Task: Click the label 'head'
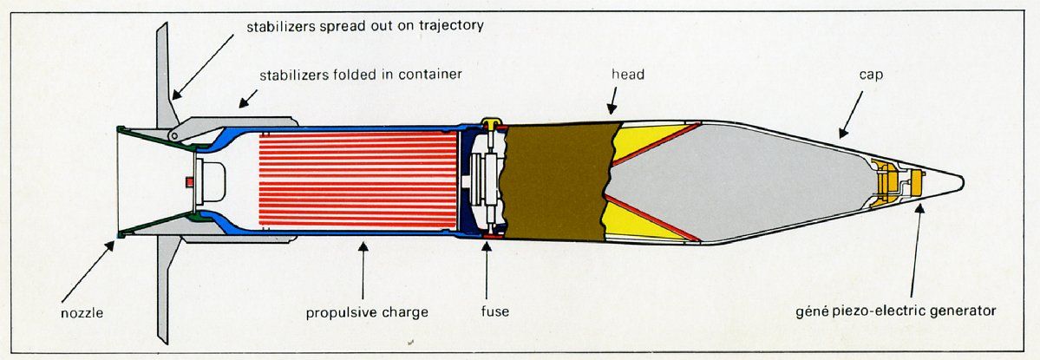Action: click(627, 75)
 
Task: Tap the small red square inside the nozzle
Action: click(189, 180)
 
